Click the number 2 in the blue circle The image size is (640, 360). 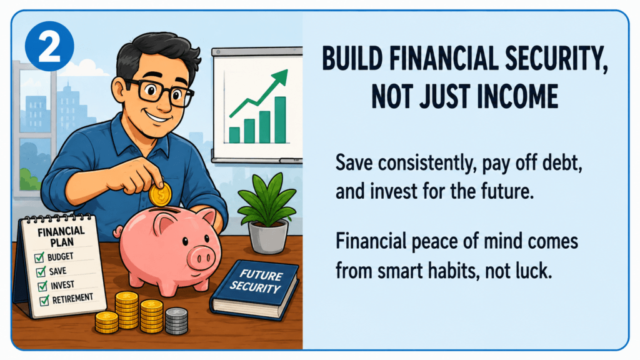(49, 46)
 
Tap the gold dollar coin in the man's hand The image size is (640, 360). (161, 195)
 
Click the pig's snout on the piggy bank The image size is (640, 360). (201, 256)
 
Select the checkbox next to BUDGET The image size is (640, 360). (39, 257)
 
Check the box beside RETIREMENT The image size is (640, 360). (44, 301)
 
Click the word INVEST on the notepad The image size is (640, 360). (62, 285)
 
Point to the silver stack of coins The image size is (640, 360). (176, 321)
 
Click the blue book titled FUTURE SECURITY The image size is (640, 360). (255, 289)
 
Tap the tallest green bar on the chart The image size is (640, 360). (280, 119)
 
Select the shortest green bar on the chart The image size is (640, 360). (234, 135)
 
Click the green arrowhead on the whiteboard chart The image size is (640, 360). (281, 77)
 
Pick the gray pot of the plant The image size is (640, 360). (268, 236)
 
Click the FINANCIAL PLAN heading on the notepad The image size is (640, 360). (61, 237)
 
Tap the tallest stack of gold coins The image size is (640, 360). (126, 310)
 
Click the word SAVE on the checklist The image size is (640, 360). (57, 271)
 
